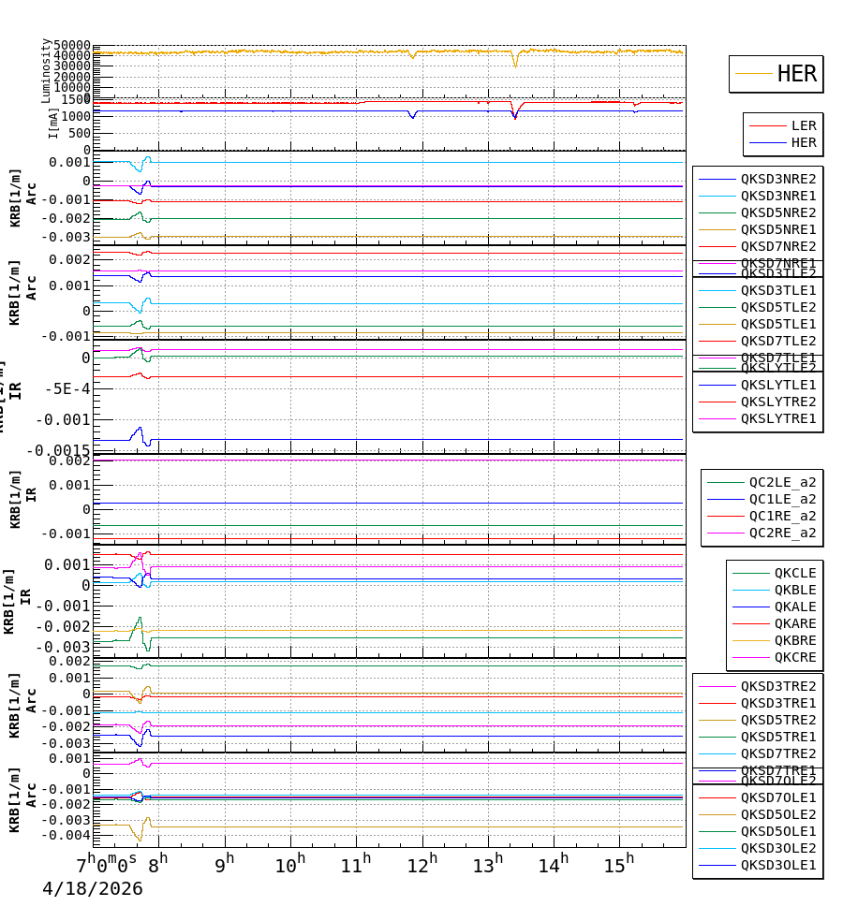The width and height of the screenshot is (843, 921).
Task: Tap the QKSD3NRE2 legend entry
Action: (778, 179)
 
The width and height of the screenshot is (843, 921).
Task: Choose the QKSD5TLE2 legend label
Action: (778, 307)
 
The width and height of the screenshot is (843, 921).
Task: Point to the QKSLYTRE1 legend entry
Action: (778, 418)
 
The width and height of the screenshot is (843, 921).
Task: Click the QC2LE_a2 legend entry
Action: (782, 482)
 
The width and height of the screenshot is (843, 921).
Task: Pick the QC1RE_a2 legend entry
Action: (782, 516)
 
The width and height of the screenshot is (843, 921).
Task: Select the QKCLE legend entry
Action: (794, 573)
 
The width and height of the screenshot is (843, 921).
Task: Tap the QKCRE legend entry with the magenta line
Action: (794, 657)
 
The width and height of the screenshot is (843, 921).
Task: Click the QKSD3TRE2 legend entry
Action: (778, 686)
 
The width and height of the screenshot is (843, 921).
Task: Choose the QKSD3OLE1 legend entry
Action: (778, 865)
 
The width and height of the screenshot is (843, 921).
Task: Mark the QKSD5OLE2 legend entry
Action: (778, 814)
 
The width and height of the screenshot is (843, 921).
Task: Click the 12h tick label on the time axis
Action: (422, 864)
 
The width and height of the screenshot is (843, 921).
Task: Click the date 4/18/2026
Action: (93, 888)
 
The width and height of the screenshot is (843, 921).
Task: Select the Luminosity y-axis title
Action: (46, 70)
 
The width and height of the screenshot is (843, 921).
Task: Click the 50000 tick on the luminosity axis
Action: (71, 46)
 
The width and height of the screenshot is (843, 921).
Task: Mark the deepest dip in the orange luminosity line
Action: (514, 66)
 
